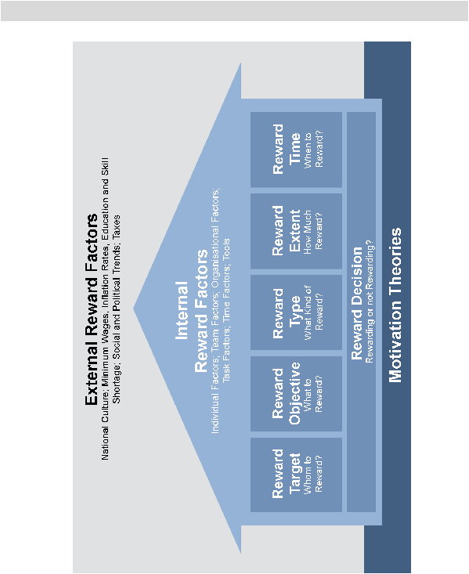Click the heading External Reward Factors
pos(92,309)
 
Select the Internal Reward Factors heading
pos(192,310)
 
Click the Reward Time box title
pos(287,149)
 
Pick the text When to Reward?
pos(314,150)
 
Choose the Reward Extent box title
pos(287,230)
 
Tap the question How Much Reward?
pos(314,231)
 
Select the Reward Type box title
pos(287,312)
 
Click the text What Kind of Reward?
pos(314,312)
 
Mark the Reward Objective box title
pos(287,394)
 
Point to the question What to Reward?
pos(314,395)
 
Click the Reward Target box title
pos(287,474)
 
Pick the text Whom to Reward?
pos(314,475)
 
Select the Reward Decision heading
pos(356,303)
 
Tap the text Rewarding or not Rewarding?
pos(370,301)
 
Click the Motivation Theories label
pos(395,305)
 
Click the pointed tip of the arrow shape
pos(133,309)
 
